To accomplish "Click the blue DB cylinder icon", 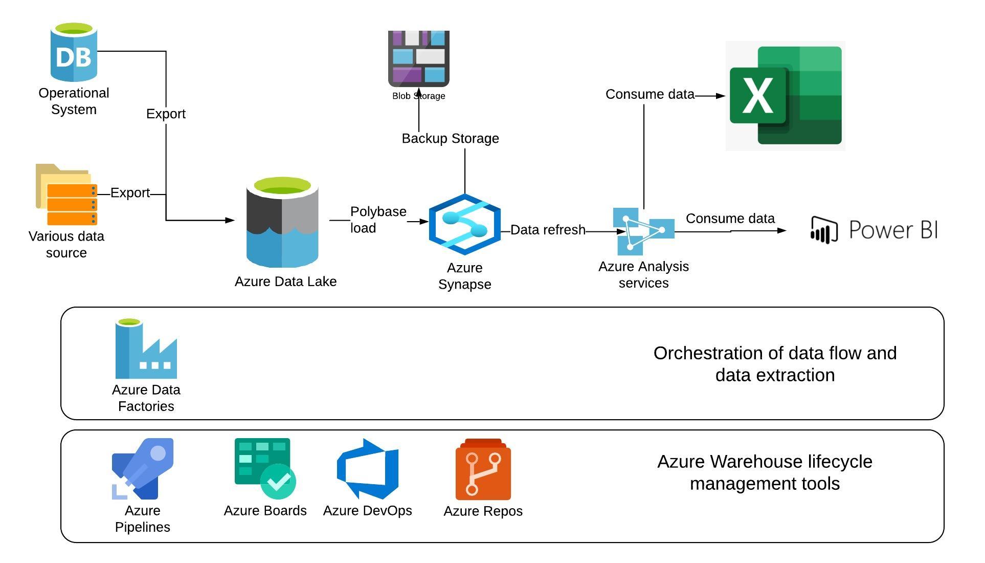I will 74,52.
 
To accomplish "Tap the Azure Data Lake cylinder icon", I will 282,223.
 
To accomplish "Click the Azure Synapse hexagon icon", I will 464,224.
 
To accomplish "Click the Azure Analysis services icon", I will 643,231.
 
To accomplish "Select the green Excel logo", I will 785,96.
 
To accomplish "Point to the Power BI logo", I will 875,230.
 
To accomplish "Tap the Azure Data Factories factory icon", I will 146,349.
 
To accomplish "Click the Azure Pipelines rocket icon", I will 143,469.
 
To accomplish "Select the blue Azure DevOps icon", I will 367,469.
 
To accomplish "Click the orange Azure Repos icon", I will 483,470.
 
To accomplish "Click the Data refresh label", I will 547,230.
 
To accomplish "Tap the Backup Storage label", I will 450,139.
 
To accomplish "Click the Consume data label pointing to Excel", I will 650,95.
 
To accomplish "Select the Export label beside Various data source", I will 130,193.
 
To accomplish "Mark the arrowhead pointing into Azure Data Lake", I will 231,221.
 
